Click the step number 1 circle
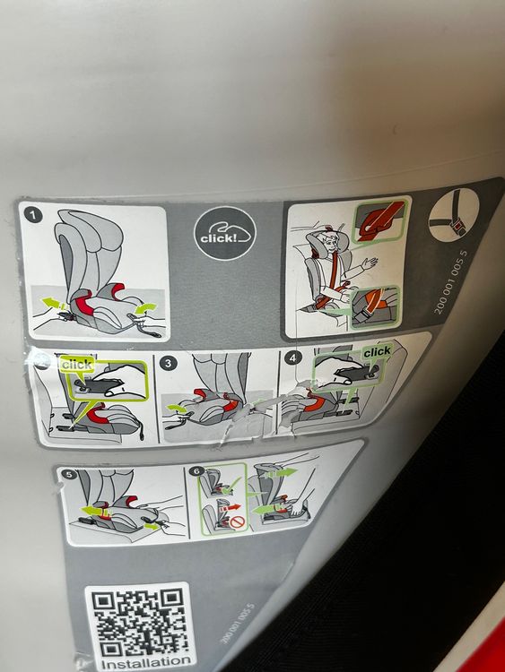pos(33,215)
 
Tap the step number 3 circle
pos(168,363)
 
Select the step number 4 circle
pos(293,358)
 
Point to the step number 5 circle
pos(69,474)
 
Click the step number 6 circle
pos(196,471)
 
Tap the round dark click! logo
pos(224,234)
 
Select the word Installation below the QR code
pos(146,662)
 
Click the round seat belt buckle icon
pos(454,214)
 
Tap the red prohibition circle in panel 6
pos(238,522)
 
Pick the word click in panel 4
pos(377,352)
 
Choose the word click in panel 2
pos(77,365)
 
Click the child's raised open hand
pos(370,262)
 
